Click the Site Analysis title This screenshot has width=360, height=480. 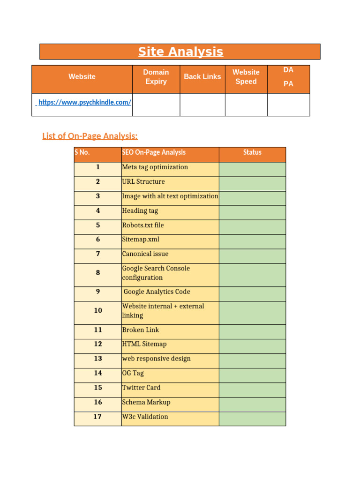coord(180,52)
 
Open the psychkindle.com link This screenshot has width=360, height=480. coord(84,102)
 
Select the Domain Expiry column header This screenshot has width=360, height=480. coord(156,77)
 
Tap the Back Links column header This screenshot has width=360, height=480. coord(202,77)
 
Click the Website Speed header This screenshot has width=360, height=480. coord(246,77)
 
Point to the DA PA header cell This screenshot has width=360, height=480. coord(288,77)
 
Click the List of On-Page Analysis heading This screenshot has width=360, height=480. coord(90,136)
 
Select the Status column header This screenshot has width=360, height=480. coord(252,152)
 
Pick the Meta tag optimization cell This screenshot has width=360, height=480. coord(155,167)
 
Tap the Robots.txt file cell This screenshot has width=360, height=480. coord(143,225)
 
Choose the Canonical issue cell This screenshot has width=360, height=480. coord(145,254)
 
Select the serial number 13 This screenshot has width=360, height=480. coord(97,359)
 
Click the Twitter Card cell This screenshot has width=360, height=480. coord(141,388)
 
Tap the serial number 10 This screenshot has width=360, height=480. coord(97,311)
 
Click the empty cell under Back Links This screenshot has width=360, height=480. coord(202,104)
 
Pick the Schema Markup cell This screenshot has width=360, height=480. coord(146,402)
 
